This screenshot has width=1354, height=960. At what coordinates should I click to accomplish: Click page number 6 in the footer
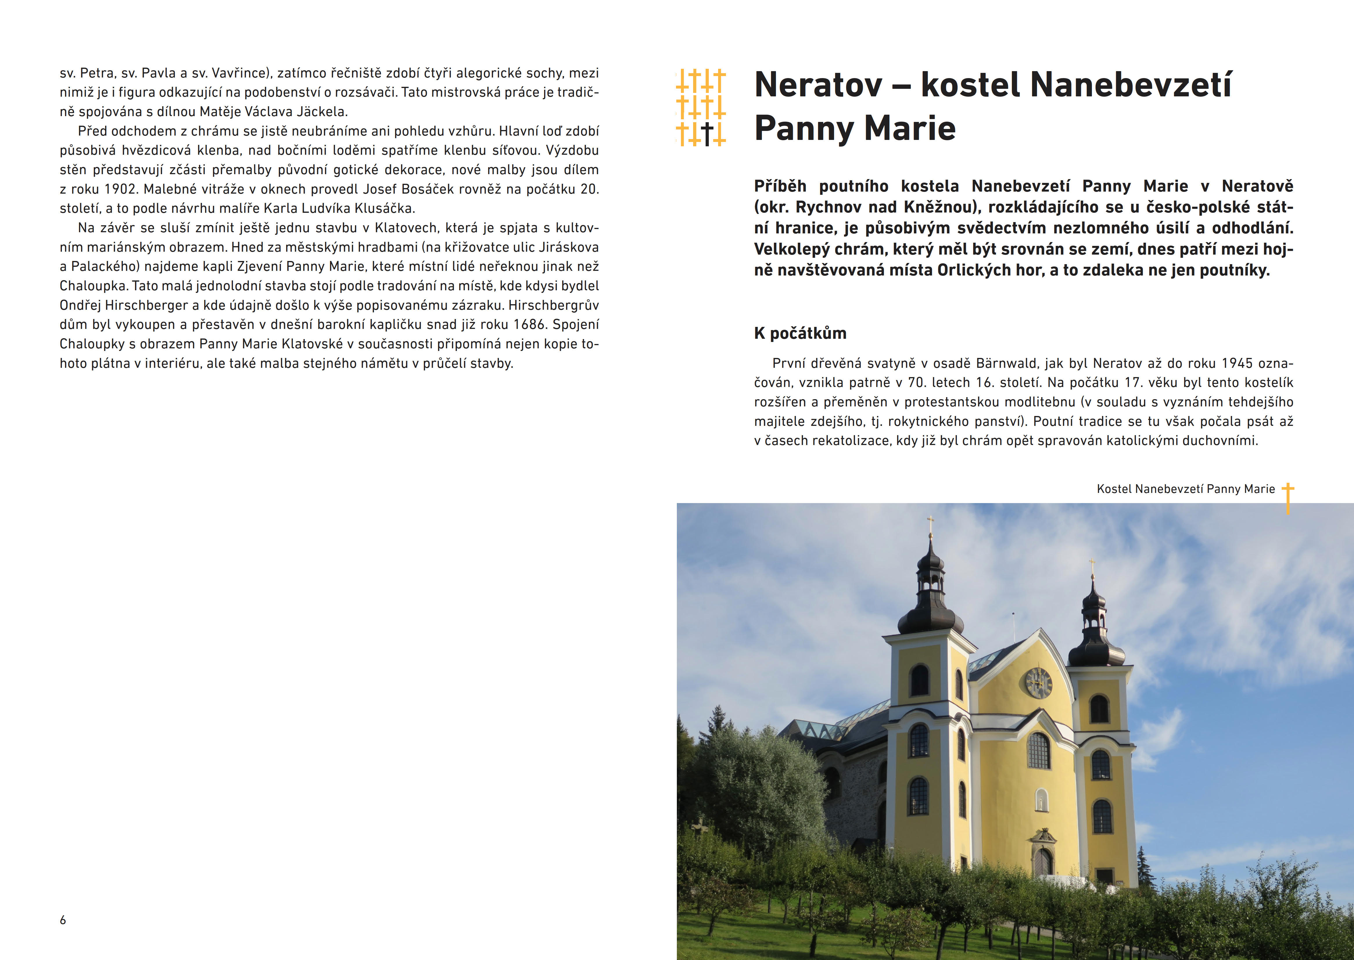click(63, 920)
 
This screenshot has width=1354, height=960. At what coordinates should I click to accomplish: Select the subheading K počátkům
click(800, 333)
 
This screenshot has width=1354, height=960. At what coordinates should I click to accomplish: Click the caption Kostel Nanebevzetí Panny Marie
click(1186, 489)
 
